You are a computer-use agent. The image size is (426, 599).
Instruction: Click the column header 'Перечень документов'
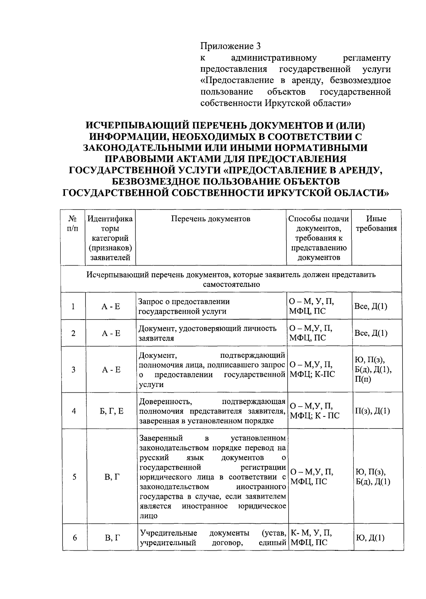point(211,219)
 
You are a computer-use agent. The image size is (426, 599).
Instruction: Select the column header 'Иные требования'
point(376,224)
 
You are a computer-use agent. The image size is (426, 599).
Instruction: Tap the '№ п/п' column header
point(73,224)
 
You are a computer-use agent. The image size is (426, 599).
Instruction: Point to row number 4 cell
point(74,411)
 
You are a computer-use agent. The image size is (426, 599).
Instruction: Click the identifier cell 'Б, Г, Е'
point(111,411)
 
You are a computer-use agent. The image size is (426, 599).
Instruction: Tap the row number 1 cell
point(73,306)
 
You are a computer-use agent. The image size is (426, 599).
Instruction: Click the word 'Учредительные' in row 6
point(168,533)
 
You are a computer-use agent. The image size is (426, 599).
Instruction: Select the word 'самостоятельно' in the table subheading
point(231,284)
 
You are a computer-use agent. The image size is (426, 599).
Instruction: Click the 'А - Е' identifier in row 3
point(111,370)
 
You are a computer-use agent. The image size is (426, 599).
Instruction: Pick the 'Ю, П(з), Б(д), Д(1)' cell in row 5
point(373,477)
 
